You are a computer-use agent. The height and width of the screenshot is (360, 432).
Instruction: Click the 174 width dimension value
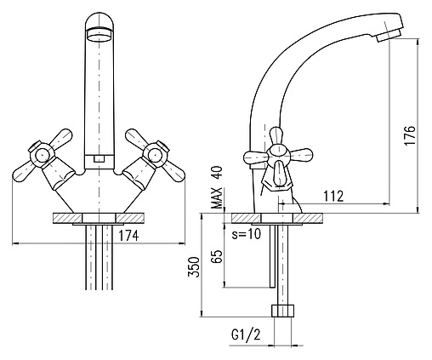click(x=128, y=236)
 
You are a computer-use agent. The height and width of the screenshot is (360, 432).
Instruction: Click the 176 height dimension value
click(x=410, y=134)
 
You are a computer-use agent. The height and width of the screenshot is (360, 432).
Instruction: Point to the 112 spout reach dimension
click(x=333, y=196)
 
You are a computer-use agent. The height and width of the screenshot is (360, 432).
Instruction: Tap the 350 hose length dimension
click(x=194, y=266)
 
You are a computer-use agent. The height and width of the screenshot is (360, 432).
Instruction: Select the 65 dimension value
click(x=217, y=256)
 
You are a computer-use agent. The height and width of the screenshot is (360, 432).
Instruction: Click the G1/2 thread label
click(x=246, y=335)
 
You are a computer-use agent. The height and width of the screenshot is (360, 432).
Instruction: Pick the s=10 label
click(x=246, y=234)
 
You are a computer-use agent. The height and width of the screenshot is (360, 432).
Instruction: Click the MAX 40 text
click(x=218, y=187)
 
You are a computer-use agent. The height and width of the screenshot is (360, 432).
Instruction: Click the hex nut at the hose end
click(x=282, y=311)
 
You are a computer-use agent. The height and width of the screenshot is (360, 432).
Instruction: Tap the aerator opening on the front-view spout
click(x=99, y=35)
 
